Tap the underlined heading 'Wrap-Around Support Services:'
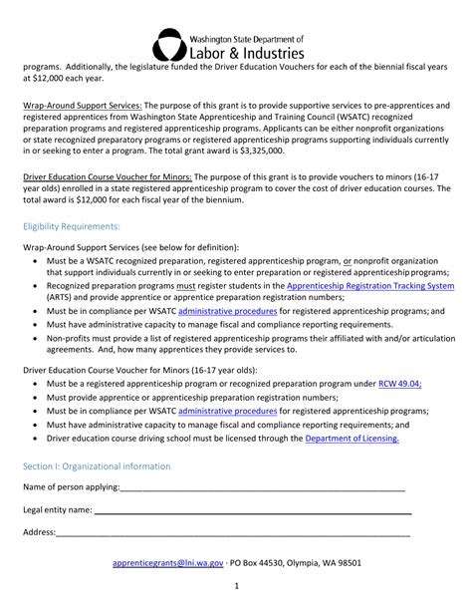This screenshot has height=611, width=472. pyautogui.click(x=84, y=105)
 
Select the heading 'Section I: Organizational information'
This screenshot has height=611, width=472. pyautogui.click(x=97, y=466)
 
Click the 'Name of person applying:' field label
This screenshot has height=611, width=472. pyautogui.click(x=71, y=487)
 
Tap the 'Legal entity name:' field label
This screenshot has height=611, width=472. pyautogui.click(x=58, y=509)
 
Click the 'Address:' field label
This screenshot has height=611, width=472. pyautogui.click(x=40, y=531)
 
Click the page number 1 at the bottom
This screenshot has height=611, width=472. pyautogui.click(x=236, y=585)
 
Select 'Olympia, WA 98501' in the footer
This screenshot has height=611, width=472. pyautogui.click(x=334, y=562)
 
